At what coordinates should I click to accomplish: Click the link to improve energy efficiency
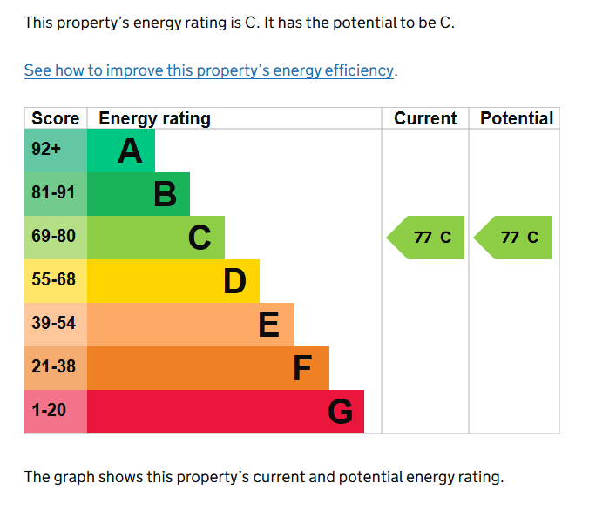pyautogui.click(x=210, y=70)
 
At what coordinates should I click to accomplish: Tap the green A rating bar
pyautogui.click(x=121, y=151)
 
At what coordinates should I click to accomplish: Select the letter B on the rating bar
pyautogui.click(x=165, y=194)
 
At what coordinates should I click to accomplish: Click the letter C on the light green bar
pyautogui.click(x=200, y=238)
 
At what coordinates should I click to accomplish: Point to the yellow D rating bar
pyautogui.click(x=173, y=281)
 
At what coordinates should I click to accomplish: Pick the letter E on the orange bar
pyautogui.click(x=269, y=325)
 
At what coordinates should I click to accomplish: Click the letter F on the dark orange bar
pyautogui.click(x=302, y=368)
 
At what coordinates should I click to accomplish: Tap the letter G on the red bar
pyautogui.click(x=341, y=412)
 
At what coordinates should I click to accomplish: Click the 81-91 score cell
pyautogui.click(x=55, y=193)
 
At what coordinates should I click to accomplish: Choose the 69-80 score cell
pyautogui.click(x=55, y=237)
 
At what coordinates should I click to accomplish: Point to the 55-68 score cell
pyautogui.click(x=55, y=280)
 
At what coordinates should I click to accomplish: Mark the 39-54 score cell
pyautogui.click(x=55, y=324)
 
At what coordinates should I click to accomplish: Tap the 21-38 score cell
pyautogui.click(x=55, y=367)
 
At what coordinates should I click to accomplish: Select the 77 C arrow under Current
pyautogui.click(x=427, y=238)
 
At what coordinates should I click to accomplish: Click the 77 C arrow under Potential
pyautogui.click(x=514, y=238)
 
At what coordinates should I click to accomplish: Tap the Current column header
pyautogui.click(x=425, y=118)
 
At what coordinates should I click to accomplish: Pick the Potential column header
pyautogui.click(x=517, y=118)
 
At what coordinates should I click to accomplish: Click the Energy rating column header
pyautogui.click(x=154, y=118)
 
